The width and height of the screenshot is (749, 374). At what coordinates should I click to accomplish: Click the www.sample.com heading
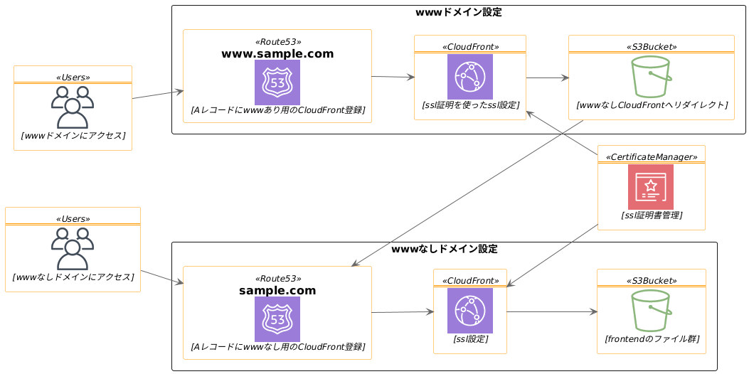(x=277, y=54)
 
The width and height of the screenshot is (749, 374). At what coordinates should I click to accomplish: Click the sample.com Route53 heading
(x=277, y=291)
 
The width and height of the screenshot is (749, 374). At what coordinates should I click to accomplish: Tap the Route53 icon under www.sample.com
(x=277, y=82)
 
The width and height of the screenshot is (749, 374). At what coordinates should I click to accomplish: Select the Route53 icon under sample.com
(x=277, y=319)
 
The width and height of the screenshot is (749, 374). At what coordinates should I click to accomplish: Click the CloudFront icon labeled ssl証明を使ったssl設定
(x=470, y=77)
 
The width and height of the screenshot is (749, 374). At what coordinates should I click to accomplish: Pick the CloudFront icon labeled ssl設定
(x=470, y=311)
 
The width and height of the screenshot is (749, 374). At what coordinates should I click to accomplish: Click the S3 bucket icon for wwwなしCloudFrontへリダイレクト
(x=652, y=77)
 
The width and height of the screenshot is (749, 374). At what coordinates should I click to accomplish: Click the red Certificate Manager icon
(x=651, y=187)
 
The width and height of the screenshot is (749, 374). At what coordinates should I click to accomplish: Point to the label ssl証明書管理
(x=652, y=215)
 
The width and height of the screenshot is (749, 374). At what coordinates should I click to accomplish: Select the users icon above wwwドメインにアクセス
(x=73, y=107)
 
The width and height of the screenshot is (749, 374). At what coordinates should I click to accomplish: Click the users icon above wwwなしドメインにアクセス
(x=73, y=249)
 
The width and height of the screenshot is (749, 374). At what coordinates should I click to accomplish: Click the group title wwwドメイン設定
(x=459, y=13)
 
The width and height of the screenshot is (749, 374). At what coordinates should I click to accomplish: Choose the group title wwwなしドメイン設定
(x=445, y=250)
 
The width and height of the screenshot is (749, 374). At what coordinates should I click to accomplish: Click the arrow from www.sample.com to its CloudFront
(x=393, y=77)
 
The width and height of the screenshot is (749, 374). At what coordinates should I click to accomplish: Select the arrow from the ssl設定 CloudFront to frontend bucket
(x=551, y=311)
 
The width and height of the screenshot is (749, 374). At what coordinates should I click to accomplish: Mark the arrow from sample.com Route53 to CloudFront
(x=402, y=312)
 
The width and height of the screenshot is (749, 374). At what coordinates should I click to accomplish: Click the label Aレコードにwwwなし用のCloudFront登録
(x=277, y=347)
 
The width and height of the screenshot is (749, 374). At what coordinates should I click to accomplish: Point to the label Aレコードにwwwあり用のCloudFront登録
(x=277, y=110)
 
